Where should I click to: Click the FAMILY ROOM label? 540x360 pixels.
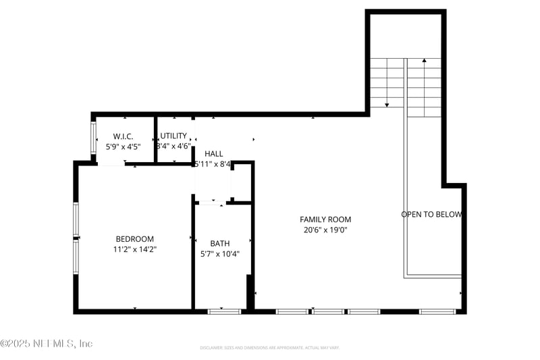(x=325, y=220)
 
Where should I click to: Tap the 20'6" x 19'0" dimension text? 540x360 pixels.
(x=325, y=230)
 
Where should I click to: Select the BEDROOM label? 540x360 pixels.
(x=134, y=239)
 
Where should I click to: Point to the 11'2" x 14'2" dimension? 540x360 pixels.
(x=134, y=249)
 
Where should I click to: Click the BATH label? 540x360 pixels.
(x=219, y=244)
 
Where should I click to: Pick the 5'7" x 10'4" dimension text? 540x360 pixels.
(x=219, y=255)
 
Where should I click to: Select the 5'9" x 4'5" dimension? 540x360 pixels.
(x=124, y=146)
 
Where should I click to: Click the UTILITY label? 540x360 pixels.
(x=173, y=136)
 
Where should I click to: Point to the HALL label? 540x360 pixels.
(x=213, y=154)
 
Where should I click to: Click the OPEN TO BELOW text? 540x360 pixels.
(x=431, y=215)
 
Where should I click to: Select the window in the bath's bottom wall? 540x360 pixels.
(x=224, y=311)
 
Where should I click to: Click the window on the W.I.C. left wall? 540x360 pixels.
(x=94, y=138)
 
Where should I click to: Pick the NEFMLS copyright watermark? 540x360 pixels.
(x=47, y=344)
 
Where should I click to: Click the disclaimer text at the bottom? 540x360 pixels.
(x=269, y=348)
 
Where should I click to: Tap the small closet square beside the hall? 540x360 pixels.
(x=241, y=182)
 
